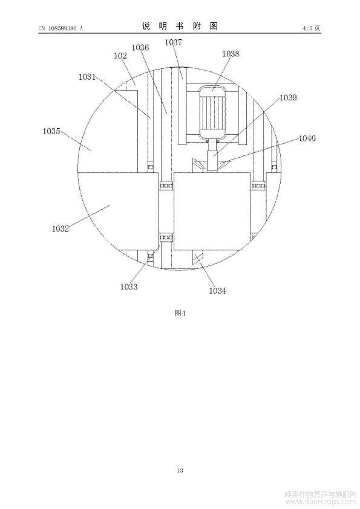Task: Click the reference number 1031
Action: pos(87,77)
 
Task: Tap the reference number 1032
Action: pos(61,229)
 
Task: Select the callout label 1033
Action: pos(129,287)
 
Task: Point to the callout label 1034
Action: pos(217,291)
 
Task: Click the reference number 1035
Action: pos(51,131)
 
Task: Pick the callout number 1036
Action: pos(140,47)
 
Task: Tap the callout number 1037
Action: pos(174,42)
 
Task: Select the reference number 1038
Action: pos(231,54)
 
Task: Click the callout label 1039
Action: pos(288,97)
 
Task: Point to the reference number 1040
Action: pos(307,138)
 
